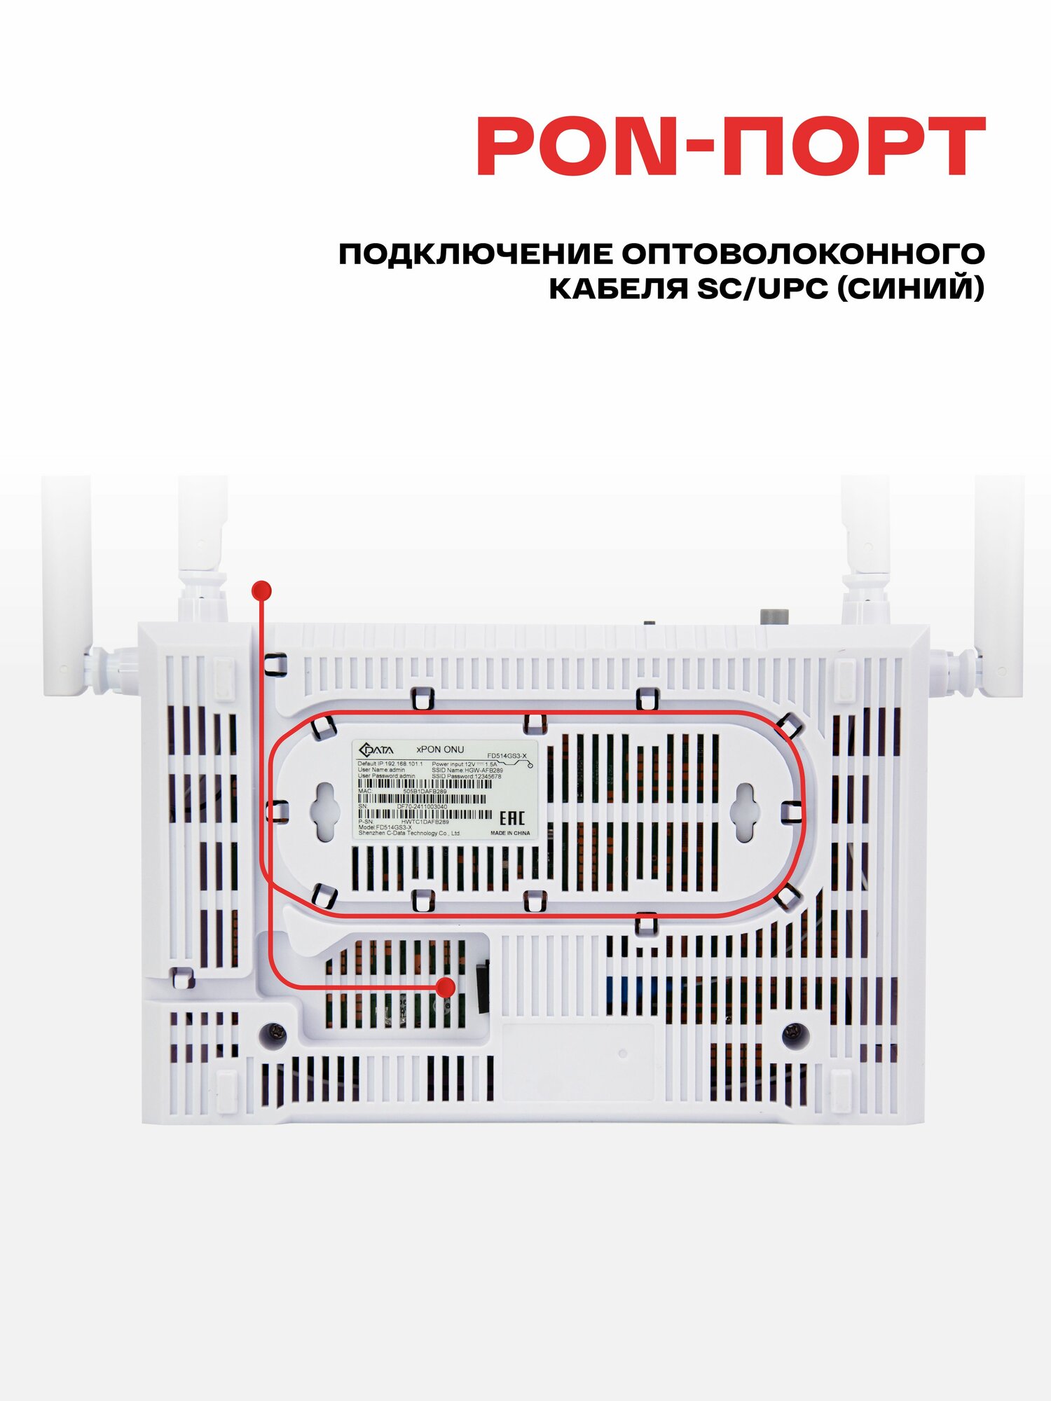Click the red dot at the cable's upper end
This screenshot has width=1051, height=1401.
[261, 591]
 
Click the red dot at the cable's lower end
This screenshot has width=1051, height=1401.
[445, 988]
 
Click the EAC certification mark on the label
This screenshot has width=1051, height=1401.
[511, 818]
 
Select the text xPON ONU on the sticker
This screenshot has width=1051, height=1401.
[440, 750]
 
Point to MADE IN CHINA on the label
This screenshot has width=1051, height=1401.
[510, 834]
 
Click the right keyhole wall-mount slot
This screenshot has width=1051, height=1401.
[744, 813]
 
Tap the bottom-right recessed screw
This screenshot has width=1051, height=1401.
[795, 1031]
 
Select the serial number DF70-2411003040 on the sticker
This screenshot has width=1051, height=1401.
[422, 806]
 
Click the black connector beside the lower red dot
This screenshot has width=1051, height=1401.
[483, 988]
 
